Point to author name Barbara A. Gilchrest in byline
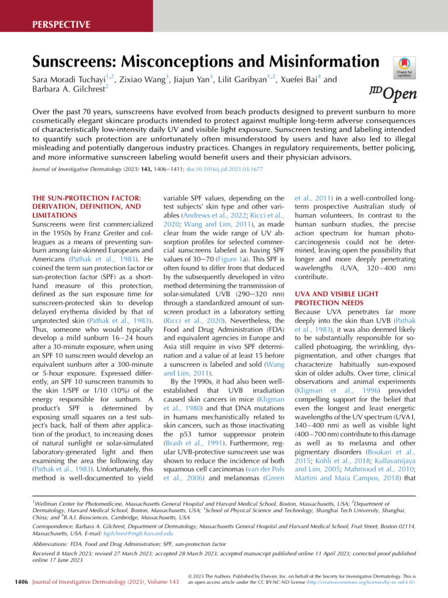pos(61,91)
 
